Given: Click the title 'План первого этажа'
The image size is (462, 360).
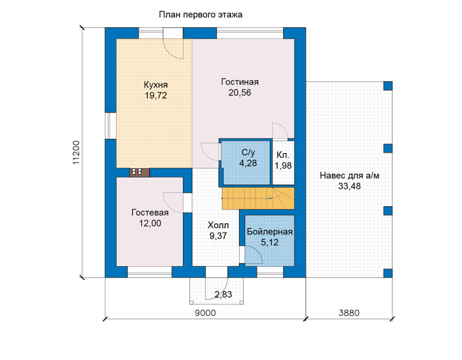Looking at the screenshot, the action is click(201, 15).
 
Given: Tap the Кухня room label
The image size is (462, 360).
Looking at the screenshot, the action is click(156, 85).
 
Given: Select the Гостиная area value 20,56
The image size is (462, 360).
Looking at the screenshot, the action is click(240, 92).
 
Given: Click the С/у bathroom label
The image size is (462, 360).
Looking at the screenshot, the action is click(248, 153).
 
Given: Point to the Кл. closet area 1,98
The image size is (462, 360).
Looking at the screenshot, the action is click(283, 166).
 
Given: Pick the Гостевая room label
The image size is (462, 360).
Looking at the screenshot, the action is click(150, 213).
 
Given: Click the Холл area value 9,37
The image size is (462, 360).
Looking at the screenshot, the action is click(218, 236).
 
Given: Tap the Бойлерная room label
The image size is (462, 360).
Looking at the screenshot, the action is click(269, 232).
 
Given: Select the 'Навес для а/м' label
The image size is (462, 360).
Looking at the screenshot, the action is click(349, 176).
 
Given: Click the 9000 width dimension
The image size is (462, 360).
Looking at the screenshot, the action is click(205, 313).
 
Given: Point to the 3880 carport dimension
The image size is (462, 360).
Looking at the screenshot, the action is click(349, 313).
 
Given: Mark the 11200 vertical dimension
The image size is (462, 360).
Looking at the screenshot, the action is click(76, 152).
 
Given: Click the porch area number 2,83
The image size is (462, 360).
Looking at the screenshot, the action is click(223, 294).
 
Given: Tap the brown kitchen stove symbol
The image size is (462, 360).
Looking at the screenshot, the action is click(140, 172).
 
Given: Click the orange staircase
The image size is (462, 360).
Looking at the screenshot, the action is click(258, 198).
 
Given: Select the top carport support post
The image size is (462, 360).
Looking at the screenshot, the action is click(388, 86).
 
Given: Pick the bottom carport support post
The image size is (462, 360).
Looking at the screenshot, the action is click(388, 273).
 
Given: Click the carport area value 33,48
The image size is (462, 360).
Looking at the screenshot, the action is click(349, 186).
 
